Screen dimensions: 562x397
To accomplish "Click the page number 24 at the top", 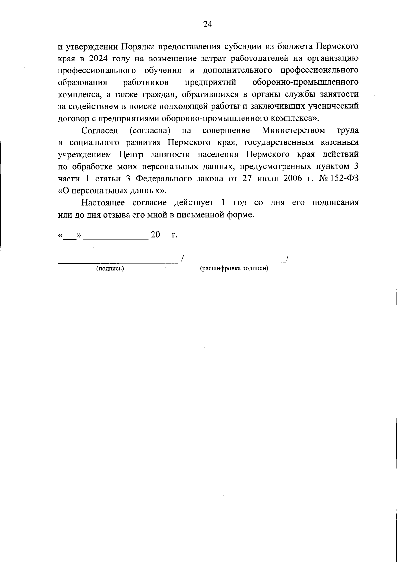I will pos(207,24).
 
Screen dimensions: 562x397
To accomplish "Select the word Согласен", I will pos(100,130).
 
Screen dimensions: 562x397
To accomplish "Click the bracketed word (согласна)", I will pos(150,130).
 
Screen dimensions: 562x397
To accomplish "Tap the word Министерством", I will pos(293,130).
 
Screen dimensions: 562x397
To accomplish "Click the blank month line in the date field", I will pos(116,237).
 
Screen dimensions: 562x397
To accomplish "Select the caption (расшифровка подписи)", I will pos(234,268).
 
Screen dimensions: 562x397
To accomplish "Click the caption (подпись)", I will pos(110,269).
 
